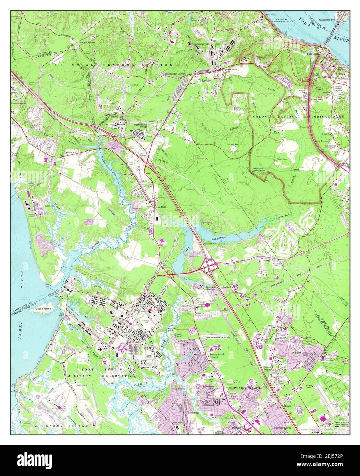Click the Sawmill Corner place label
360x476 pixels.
coord(87,42)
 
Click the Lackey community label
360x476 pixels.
coord(206,81)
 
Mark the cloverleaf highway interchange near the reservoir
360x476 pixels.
coord(209,264)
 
